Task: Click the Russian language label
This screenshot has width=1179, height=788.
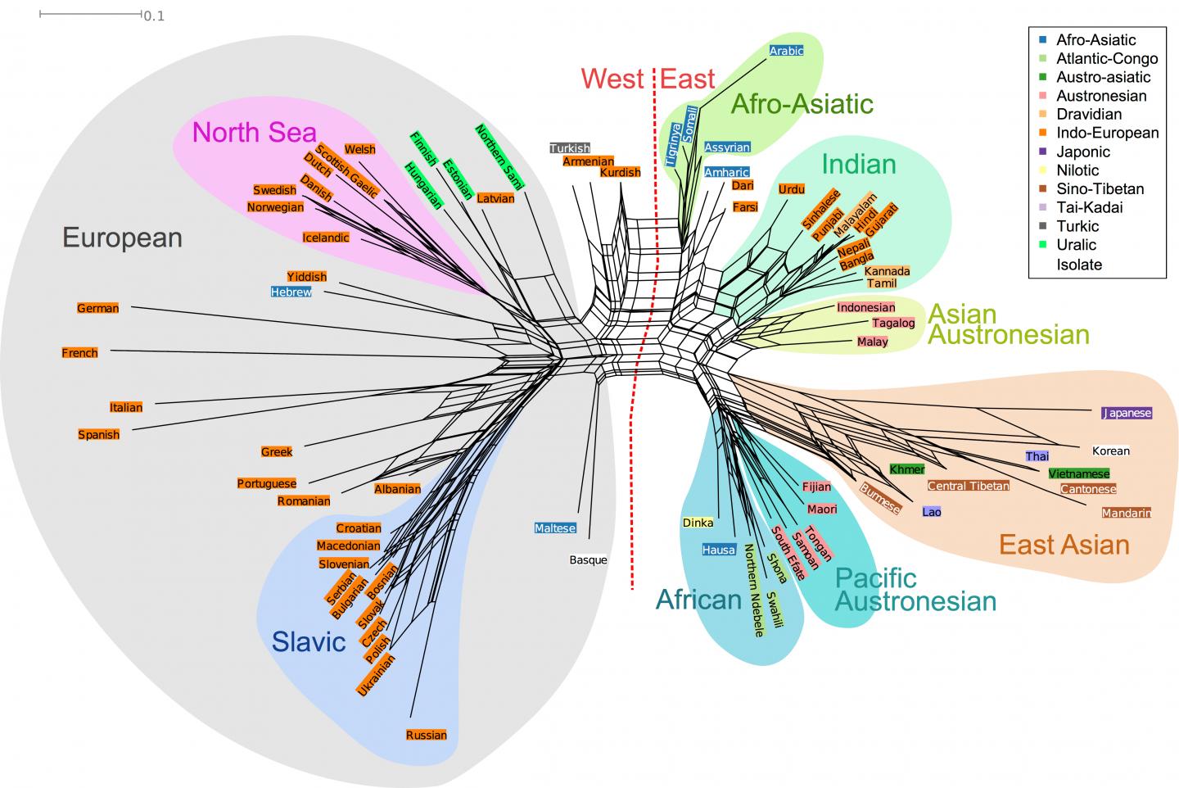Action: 427,735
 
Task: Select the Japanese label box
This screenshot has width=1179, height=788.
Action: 1127,413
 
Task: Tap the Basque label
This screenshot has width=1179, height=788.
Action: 588,560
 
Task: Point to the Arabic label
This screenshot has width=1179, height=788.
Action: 786,51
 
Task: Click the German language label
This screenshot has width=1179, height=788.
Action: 98,308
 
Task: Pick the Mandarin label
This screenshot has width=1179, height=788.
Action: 1127,513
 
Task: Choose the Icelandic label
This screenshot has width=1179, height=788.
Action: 326,238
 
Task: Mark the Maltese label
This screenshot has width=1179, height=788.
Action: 555,528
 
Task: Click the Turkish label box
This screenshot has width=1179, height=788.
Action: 569,148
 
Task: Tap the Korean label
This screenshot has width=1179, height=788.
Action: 1110,451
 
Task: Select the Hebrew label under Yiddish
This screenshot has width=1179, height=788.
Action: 291,292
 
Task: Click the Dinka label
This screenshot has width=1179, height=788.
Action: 698,522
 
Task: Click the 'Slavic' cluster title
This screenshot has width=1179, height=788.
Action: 309,641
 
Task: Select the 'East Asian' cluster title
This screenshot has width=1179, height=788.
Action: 1064,545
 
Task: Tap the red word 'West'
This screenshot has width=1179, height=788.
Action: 612,79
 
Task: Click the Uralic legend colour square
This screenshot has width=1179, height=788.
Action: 1042,245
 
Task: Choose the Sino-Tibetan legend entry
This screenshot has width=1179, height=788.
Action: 1100,188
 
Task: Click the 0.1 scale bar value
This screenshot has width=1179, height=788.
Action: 154,16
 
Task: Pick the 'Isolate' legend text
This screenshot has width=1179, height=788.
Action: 1079,265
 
